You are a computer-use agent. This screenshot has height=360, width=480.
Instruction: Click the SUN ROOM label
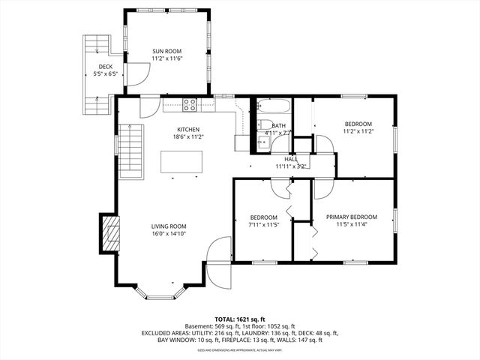pos(167,51)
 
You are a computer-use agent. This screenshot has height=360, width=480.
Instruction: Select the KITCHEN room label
pos(188,129)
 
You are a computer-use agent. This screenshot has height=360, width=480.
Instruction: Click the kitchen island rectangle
pos(182,162)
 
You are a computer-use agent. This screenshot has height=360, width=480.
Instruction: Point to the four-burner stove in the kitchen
pos(190,104)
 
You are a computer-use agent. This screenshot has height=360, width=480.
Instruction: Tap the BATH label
pos(278,125)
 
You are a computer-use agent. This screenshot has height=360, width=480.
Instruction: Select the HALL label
pos(291,159)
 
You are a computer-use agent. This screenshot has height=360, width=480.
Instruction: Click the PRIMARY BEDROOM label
pos(351,217)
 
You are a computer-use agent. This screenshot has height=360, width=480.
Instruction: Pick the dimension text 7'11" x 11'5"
pos(263,224)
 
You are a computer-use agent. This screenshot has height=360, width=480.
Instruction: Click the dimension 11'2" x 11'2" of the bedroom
pos(358,131)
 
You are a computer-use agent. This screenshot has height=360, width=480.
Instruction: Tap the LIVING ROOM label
pos(169,226)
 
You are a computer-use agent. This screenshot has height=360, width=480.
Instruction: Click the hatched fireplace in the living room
pos(109,234)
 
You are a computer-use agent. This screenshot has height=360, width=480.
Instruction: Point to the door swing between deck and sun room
pos(135,74)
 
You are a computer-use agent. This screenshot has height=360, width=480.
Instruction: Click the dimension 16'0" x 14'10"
pos(169,233)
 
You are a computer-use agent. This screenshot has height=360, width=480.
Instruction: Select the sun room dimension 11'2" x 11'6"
pos(167,58)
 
